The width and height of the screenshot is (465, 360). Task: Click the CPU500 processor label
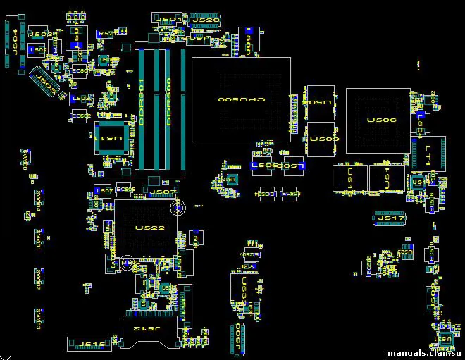[x=241, y=101]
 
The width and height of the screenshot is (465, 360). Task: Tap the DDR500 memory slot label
[x=168, y=103]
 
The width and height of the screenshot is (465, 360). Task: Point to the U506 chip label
[x=381, y=120]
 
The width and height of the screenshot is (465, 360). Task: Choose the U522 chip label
[x=149, y=228]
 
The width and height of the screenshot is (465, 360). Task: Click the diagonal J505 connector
[x=45, y=82]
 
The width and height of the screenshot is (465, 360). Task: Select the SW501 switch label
[x=37, y=240]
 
